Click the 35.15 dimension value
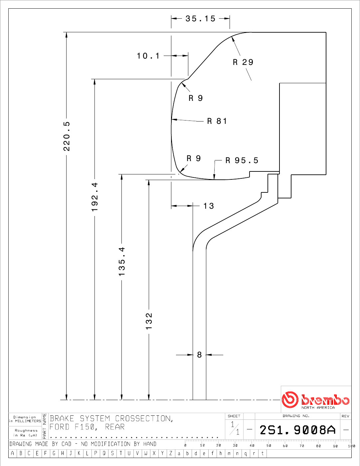[x=200, y=19]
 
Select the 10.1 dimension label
[x=148, y=56]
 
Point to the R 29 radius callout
[x=243, y=62]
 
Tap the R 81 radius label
[x=217, y=121]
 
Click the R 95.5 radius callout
[x=242, y=160]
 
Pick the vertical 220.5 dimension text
[x=67, y=136]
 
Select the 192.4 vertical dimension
[x=95, y=197]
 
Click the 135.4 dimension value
[x=122, y=261]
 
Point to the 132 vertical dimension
[x=149, y=321]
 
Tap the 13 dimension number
[x=209, y=206]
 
